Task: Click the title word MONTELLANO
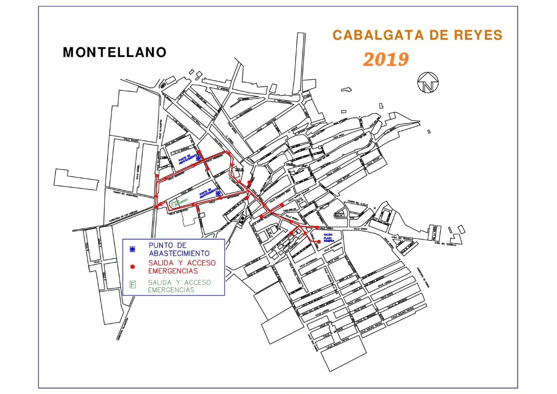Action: (x=115, y=52)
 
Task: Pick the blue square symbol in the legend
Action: (x=133, y=249)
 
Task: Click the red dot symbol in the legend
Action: (x=133, y=266)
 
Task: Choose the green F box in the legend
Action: (x=133, y=285)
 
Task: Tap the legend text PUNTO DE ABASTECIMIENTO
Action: (x=179, y=249)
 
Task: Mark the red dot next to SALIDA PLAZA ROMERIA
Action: (x=319, y=242)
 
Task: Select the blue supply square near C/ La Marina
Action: (x=198, y=158)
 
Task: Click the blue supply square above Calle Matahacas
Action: (x=218, y=193)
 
